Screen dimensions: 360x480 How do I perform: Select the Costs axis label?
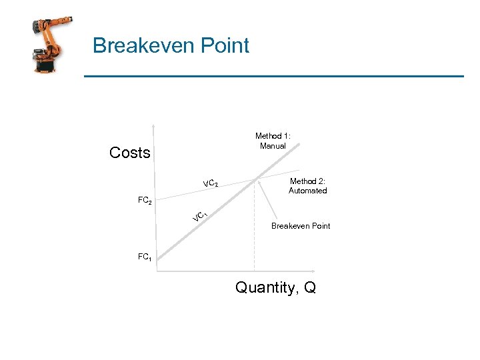[x=129, y=153]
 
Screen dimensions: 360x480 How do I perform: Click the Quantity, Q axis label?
[x=275, y=288]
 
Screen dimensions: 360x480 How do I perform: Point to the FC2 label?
[x=145, y=201]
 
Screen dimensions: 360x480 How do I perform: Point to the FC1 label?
[x=144, y=257]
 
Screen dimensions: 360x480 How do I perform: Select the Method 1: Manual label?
[x=273, y=141]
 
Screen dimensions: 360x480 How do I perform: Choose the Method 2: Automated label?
[x=307, y=185]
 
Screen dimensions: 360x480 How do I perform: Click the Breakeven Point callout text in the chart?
[x=300, y=226]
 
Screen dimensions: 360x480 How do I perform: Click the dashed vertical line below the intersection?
[x=255, y=227]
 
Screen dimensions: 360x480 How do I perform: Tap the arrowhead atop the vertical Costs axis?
[x=153, y=125]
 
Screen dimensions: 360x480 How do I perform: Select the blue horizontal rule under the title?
[x=273, y=77]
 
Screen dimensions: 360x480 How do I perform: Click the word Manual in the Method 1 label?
[x=273, y=146]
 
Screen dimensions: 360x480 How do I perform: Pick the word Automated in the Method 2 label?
[x=307, y=191]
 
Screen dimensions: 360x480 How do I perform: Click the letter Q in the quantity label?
[x=309, y=288]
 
